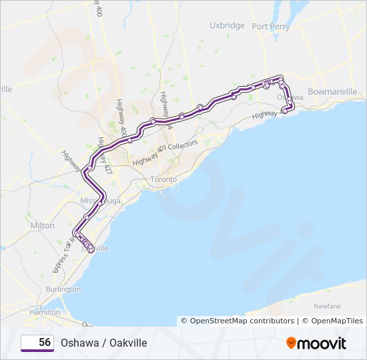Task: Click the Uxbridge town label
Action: coord(227,25)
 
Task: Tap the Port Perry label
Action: coord(270,27)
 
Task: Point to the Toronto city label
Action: coord(163,180)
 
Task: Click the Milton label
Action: coord(42,226)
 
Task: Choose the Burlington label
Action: coord(63,289)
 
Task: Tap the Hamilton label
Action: coord(44,312)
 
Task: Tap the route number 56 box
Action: coord(37,343)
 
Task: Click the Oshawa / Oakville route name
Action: coord(103,343)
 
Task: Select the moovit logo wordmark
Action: coord(322,343)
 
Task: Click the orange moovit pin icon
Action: coord(291,343)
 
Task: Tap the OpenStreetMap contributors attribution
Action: coord(238,321)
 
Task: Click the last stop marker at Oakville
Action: coord(91,251)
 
